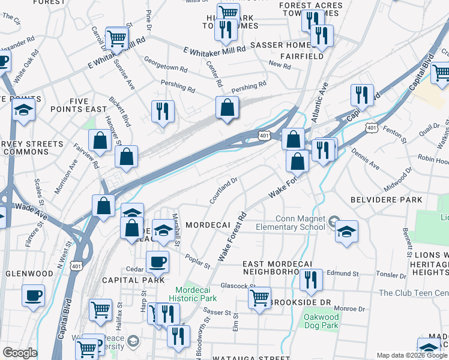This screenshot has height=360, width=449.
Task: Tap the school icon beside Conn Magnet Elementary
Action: click(346, 231)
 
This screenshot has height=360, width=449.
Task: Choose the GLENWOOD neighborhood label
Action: click(29, 273)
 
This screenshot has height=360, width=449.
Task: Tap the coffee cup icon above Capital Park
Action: click(157, 262)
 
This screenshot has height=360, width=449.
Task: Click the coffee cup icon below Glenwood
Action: click(33, 295)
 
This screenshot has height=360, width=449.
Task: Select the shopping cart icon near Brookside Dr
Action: click(259, 297)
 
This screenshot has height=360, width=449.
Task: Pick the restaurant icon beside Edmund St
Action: click(311, 280)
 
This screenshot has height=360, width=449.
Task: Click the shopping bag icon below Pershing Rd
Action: click(228, 108)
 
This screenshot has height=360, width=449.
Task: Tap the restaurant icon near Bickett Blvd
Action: click(163, 112)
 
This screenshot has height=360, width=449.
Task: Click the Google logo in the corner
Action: click(19, 353)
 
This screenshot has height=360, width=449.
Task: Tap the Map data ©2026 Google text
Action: click(412, 355)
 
